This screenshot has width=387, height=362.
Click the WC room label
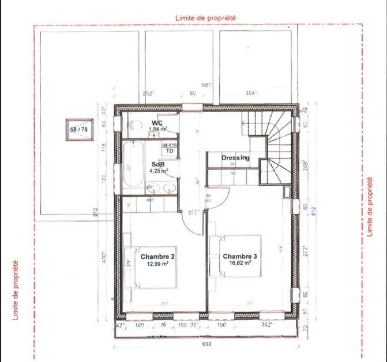[x=156, y=123]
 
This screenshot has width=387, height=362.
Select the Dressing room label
[x=235, y=158]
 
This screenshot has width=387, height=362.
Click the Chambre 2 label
[x=157, y=256]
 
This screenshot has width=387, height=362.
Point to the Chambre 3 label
[x=241, y=256]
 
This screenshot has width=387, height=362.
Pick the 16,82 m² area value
[x=239, y=264]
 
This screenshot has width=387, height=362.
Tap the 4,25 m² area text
[x=158, y=171]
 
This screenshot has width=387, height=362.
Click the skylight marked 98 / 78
[x=79, y=129]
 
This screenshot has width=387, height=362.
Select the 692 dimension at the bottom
[x=207, y=345]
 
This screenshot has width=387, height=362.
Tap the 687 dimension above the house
[x=206, y=85]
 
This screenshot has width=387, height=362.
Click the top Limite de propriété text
[x=205, y=18]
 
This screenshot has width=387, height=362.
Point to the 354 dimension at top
[x=250, y=93]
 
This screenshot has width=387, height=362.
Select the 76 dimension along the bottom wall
[x=163, y=325]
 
